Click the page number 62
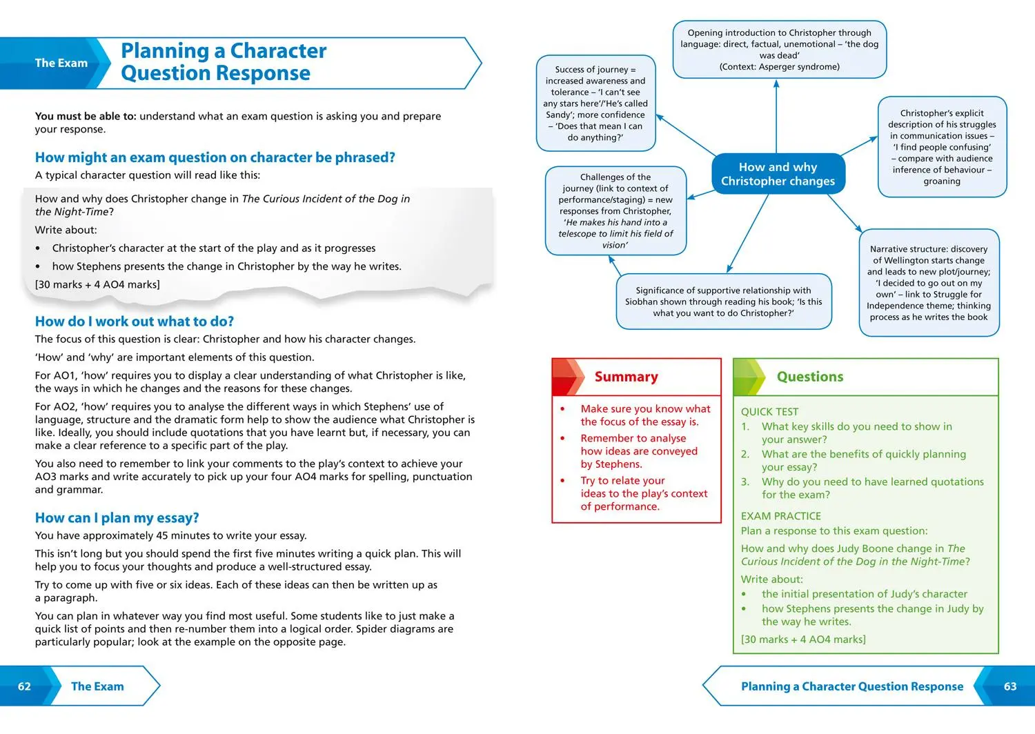click(24, 686)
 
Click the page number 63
click(1010, 686)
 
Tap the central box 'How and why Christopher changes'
click(778, 174)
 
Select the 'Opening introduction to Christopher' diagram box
click(779, 50)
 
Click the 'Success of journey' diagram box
click(595, 103)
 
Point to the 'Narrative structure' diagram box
click(929, 283)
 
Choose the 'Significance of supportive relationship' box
click(723, 301)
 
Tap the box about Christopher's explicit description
click(942, 147)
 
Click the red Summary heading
click(626, 377)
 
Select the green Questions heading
click(809, 377)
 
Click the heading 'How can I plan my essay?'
click(117, 517)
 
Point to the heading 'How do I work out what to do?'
click(135, 321)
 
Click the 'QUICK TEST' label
click(769, 412)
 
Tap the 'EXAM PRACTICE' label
click(781, 516)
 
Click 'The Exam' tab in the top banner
click(61, 63)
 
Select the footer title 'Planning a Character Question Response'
click(851, 686)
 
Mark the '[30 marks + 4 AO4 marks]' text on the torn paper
click(97, 284)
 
